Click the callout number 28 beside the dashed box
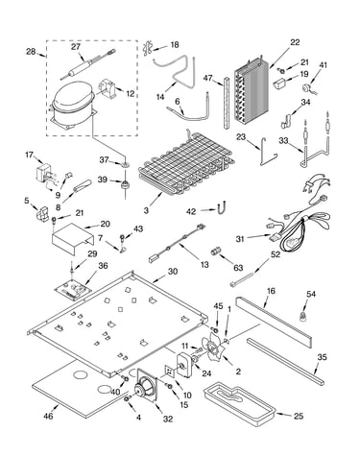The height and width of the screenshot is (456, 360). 31,51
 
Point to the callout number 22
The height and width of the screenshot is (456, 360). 295,42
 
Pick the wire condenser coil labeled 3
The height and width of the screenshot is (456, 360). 186,165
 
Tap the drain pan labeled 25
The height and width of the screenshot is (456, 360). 240,404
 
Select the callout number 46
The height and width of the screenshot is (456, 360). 48,416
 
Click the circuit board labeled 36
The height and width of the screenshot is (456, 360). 72,289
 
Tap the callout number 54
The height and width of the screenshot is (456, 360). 311,294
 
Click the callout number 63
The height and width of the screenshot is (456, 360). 238,268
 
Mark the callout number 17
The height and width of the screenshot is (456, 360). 29,155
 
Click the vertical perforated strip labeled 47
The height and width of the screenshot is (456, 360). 227,102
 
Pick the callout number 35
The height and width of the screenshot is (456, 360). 323,357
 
